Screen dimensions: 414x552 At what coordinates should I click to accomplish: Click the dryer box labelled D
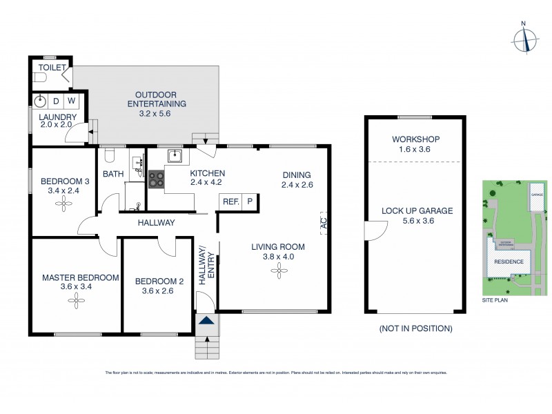[56, 101]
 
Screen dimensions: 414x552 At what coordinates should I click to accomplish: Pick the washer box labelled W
[72, 101]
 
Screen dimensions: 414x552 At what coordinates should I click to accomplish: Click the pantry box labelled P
[248, 201]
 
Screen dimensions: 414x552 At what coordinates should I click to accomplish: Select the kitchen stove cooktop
[156, 179]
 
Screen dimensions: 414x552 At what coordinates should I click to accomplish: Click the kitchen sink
[175, 155]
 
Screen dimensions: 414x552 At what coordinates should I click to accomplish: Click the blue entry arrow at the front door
[205, 320]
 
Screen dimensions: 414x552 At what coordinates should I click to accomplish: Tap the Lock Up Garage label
[417, 211]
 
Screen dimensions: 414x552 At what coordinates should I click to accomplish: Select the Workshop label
[416, 139]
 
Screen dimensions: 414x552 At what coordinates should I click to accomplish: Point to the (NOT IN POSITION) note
[416, 328]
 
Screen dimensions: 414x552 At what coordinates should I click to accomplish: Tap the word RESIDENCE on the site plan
[508, 262]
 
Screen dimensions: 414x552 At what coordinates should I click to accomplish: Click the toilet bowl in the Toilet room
[41, 79]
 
